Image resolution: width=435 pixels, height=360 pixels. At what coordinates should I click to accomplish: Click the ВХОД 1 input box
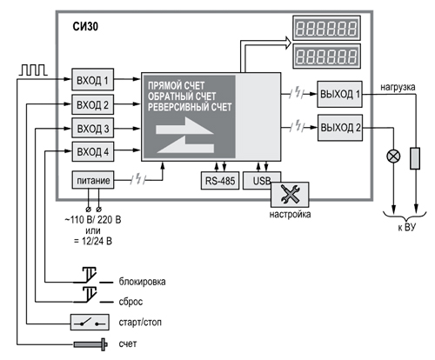93,79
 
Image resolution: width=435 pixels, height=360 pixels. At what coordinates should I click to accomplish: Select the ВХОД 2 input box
93,104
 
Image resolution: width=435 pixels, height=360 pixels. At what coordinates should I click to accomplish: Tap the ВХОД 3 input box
93,128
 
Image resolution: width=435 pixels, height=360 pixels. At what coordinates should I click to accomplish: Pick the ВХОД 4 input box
93,151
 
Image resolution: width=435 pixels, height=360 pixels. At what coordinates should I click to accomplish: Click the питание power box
93,180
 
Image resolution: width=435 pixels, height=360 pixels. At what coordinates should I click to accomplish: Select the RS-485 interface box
220,181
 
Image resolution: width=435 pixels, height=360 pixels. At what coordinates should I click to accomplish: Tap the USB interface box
262,180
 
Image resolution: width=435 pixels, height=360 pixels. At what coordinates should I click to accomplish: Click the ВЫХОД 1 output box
339,94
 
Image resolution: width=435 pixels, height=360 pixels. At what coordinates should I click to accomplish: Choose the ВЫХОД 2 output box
340,128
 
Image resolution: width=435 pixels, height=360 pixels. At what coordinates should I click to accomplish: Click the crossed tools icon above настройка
290,194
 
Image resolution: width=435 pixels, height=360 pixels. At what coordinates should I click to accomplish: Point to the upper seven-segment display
326,28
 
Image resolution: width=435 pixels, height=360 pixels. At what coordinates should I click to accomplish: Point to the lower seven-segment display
327,56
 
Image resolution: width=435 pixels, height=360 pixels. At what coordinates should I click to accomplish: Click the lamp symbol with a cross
393,157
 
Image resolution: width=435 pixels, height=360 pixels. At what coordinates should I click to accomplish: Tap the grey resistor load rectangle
415,158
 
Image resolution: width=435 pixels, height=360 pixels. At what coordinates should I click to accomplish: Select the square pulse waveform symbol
33,70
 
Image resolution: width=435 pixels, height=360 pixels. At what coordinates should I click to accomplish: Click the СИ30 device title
85,26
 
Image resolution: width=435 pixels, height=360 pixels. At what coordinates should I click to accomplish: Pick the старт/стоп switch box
90,322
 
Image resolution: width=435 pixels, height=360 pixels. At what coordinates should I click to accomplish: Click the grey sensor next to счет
90,344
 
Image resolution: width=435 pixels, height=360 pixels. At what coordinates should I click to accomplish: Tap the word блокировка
142,282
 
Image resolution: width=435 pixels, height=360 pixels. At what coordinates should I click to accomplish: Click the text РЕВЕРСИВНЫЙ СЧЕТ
190,107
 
